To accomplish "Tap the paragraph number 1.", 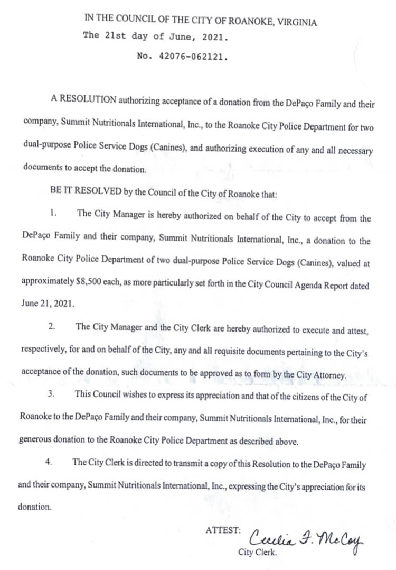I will click(53, 214).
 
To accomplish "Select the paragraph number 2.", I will click(51, 326).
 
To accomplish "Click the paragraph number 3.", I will click(51, 394).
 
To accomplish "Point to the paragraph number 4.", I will click(48, 462).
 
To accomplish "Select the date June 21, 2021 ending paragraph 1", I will click(44, 305).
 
